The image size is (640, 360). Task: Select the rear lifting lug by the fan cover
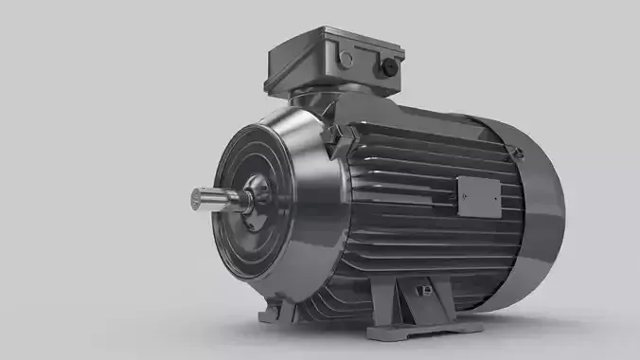coord(514,149)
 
